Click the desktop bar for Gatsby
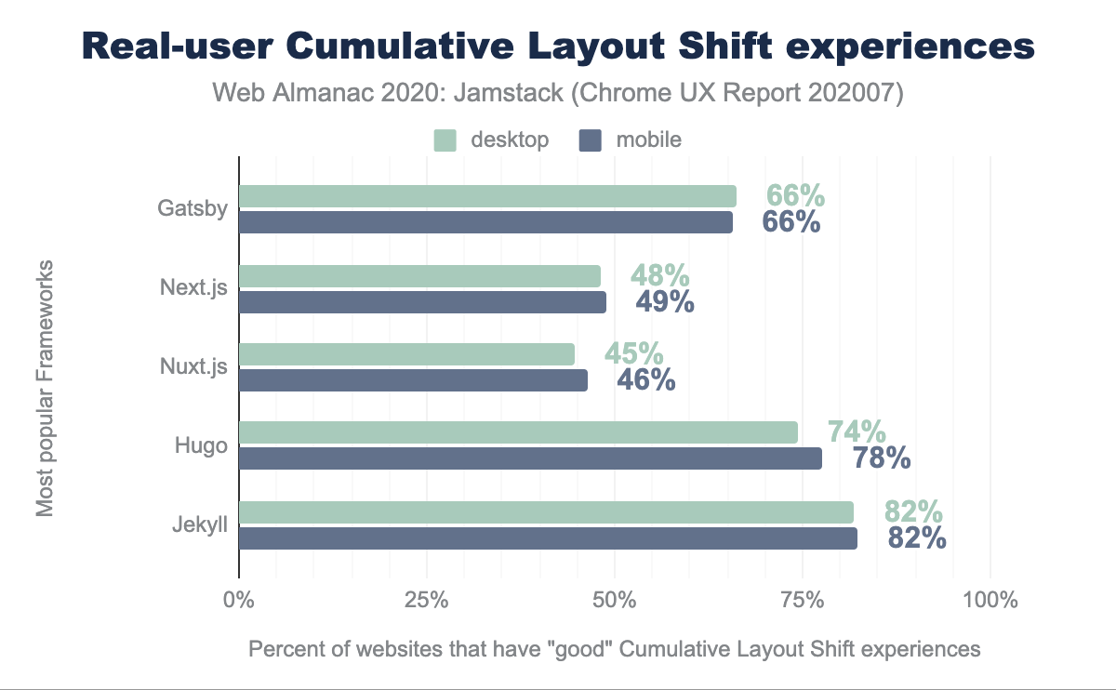point(487,196)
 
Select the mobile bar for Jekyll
point(548,539)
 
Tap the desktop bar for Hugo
point(518,432)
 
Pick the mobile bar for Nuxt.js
point(413,380)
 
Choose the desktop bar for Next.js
point(419,275)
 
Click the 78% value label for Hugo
point(881,458)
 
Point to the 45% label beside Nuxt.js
point(633,354)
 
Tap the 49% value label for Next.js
point(665,301)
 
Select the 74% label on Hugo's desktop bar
point(857,432)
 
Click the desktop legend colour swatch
point(445,140)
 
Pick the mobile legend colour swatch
point(591,140)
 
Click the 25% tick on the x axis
point(427,600)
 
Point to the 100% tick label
point(990,600)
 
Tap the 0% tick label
point(239,600)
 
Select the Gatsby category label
point(193,208)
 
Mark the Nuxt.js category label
point(193,367)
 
